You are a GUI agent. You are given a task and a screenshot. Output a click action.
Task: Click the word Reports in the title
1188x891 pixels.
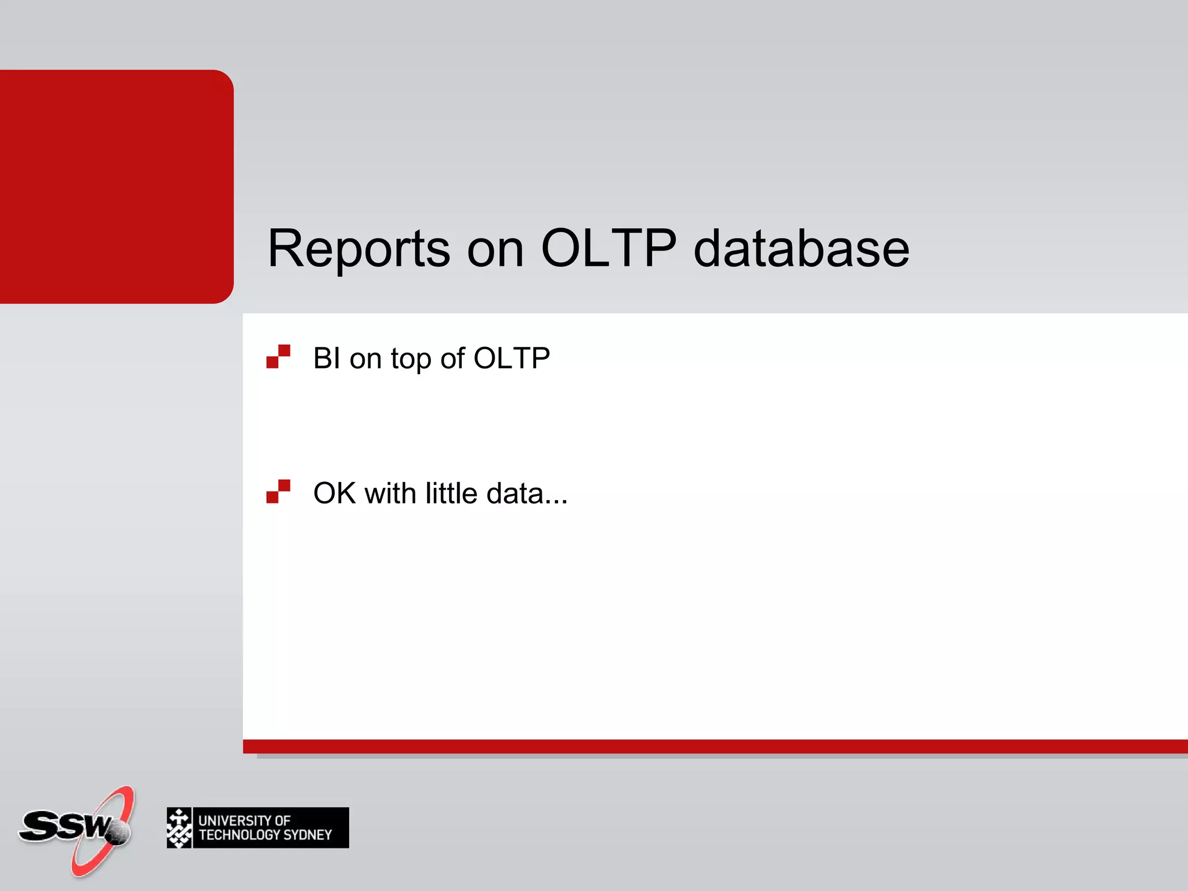[358, 249]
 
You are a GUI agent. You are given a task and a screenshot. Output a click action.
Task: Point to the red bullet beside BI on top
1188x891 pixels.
[278, 357]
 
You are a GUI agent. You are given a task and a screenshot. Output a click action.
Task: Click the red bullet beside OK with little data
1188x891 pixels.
[278, 492]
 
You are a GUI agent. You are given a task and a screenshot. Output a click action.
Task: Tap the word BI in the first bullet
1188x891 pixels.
[327, 358]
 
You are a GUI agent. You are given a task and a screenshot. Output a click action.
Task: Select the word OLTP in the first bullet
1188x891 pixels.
[512, 358]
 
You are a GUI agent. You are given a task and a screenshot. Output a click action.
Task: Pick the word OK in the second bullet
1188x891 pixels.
[334, 494]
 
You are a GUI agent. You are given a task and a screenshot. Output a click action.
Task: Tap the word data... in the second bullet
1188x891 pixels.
[527, 494]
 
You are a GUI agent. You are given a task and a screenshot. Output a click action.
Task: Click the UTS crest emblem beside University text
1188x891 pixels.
[179, 828]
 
